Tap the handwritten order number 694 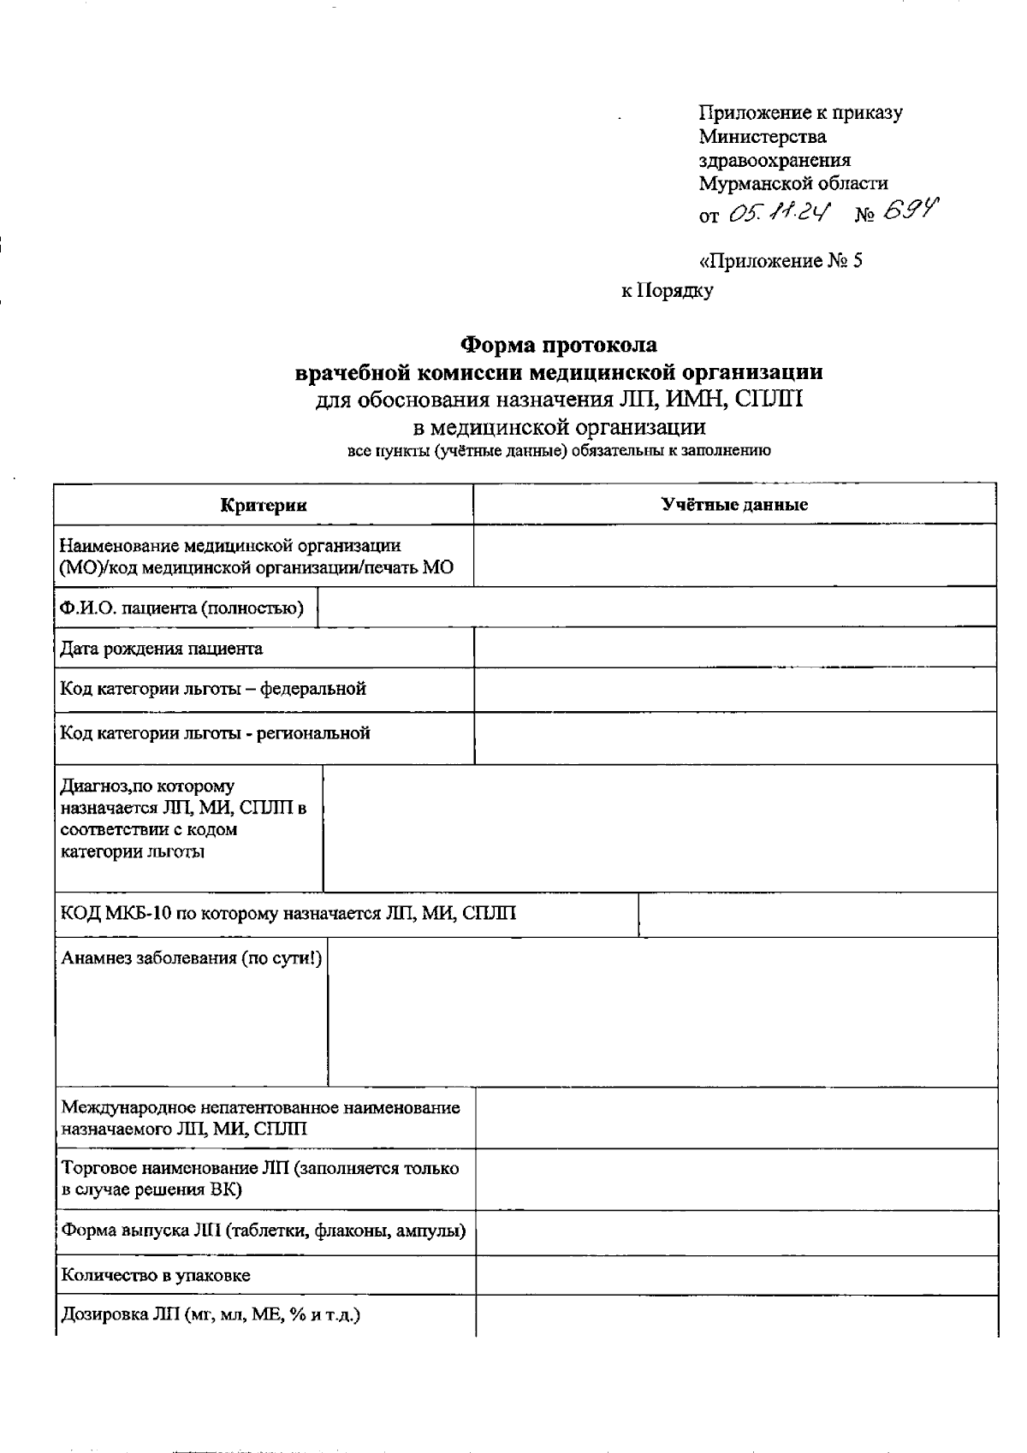(910, 210)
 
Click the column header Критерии (264, 505)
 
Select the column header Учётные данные (734, 505)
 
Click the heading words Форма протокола (559, 345)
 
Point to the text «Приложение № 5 (781, 261)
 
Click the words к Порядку (667, 291)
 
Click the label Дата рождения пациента (161, 649)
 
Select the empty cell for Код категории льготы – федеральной (734, 690)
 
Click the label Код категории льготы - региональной (215, 733)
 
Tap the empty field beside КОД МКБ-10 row (816, 915)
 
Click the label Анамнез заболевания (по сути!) (191, 958)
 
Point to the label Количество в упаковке (155, 1276)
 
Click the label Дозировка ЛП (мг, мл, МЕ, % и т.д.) (210, 1315)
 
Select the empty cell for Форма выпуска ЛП (736, 1233)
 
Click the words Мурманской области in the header (793, 183)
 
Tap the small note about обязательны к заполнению (559, 451)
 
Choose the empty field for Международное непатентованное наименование (736, 1118)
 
